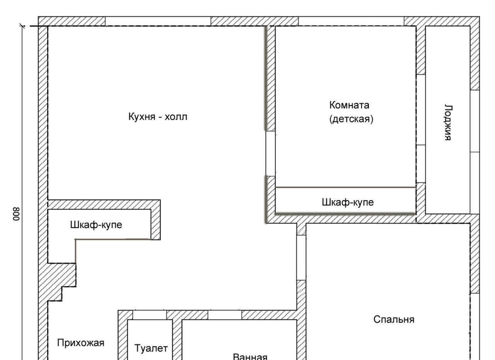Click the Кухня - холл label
[x=158, y=117]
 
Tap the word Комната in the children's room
[x=349, y=105]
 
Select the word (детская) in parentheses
[x=351, y=119]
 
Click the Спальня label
[x=394, y=320]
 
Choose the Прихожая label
[x=81, y=343]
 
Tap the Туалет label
[x=151, y=348]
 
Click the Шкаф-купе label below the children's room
[x=348, y=202]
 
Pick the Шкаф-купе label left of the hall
[x=96, y=225]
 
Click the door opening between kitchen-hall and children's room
[x=271, y=153]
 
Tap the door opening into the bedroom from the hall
[x=301, y=257]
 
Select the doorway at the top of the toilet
[x=150, y=315]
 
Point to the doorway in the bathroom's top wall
[x=225, y=315]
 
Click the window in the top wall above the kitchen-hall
[x=158, y=21]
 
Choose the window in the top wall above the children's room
[x=351, y=21]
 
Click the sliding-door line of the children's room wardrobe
[x=345, y=187]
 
